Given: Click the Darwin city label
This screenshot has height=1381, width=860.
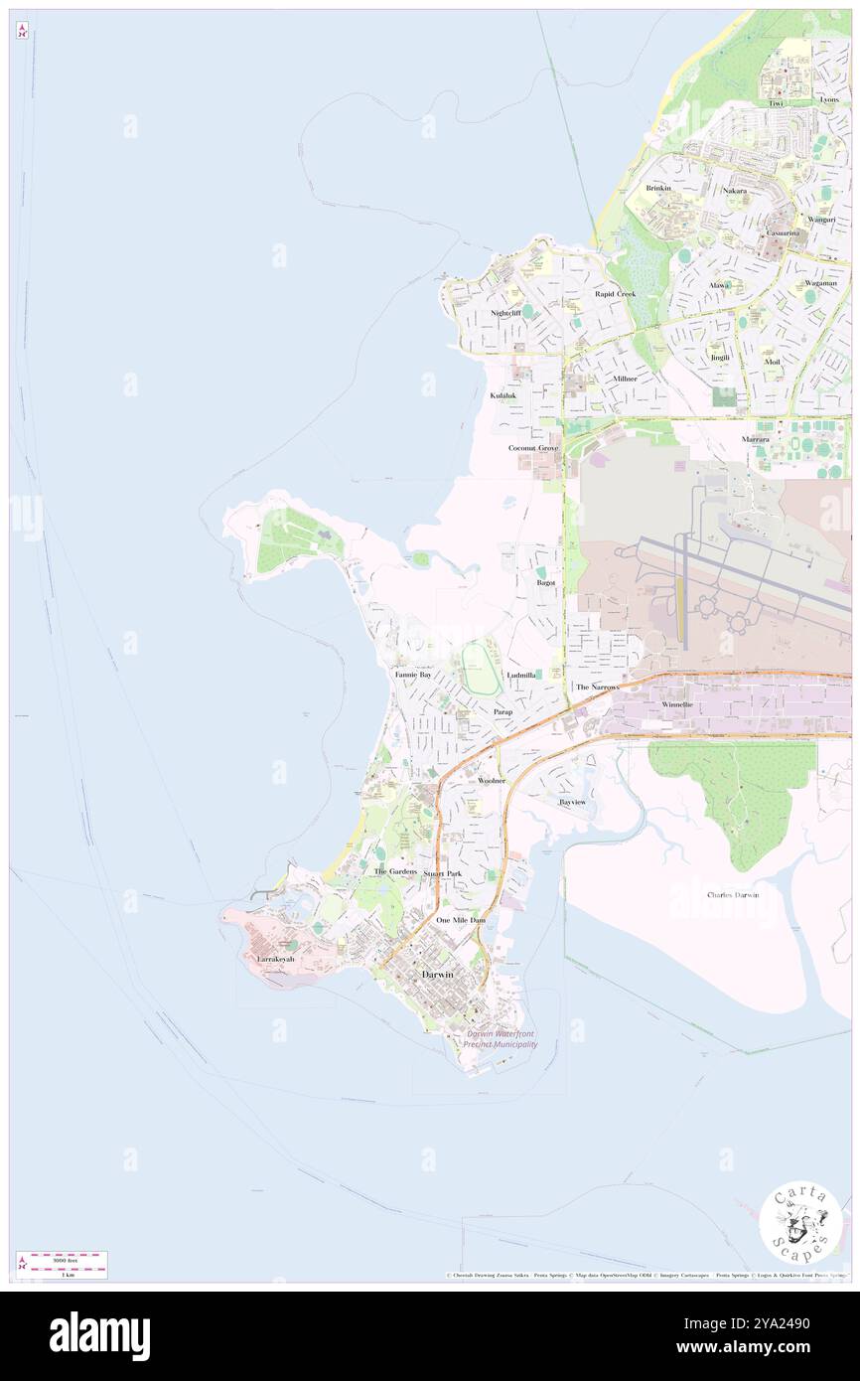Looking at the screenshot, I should pyautogui.click(x=438, y=975).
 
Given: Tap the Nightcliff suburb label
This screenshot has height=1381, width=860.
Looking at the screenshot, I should pyautogui.click(x=505, y=313).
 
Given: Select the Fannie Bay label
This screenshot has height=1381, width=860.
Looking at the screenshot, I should pyautogui.click(x=412, y=675).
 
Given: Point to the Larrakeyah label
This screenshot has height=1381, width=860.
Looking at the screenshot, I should pyautogui.click(x=276, y=959).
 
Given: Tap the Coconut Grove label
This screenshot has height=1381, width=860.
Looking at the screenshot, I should pyautogui.click(x=533, y=448).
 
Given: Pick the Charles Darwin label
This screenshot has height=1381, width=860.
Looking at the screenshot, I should pyautogui.click(x=733, y=895).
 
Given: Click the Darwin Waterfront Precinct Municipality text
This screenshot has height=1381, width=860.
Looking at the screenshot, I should pyautogui.click(x=502, y=1039).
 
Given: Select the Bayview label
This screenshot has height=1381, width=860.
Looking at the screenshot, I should pyautogui.click(x=573, y=801).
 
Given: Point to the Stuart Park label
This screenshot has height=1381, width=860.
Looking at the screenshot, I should pyautogui.click(x=443, y=873).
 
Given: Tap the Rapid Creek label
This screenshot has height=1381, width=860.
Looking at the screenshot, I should pyautogui.click(x=614, y=294).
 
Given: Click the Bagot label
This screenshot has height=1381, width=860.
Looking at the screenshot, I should pyautogui.click(x=545, y=582).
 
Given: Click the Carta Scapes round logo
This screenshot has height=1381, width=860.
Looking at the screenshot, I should pyautogui.click(x=800, y=1222).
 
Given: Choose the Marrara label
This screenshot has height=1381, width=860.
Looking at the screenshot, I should pyautogui.click(x=755, y=439).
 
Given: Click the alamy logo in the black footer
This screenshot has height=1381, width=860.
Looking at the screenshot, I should pyautogui.click(x=99, y=1335).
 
